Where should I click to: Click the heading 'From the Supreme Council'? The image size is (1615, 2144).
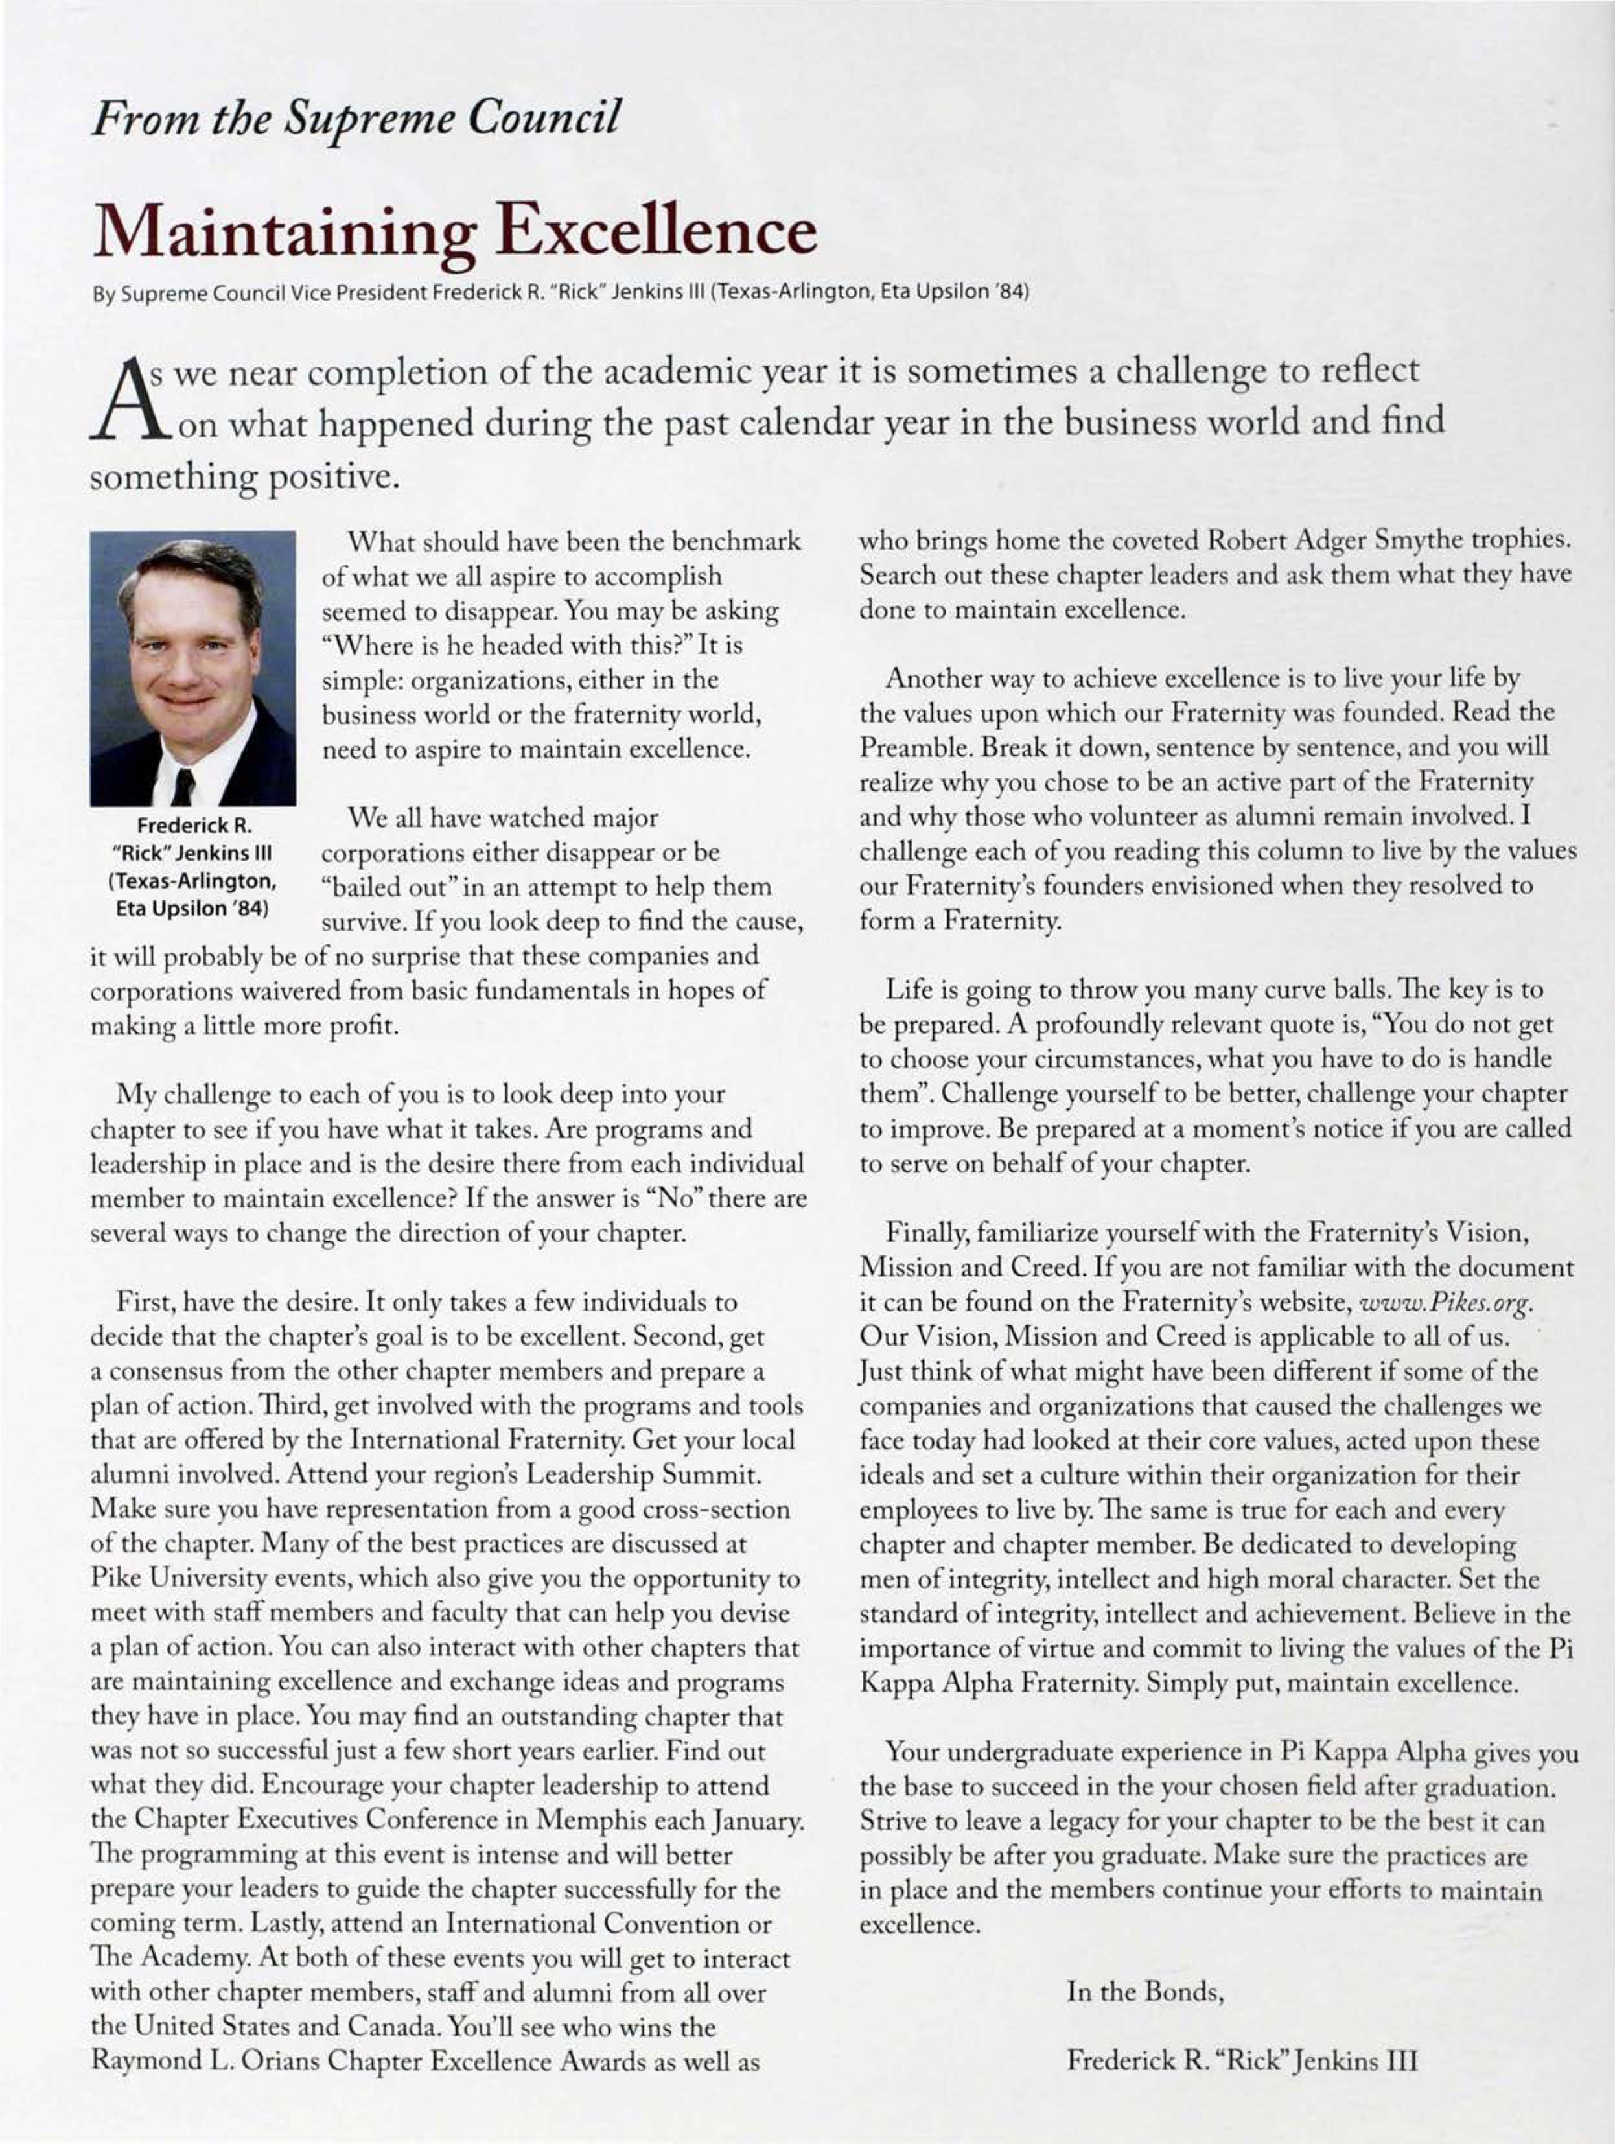[354, 117]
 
